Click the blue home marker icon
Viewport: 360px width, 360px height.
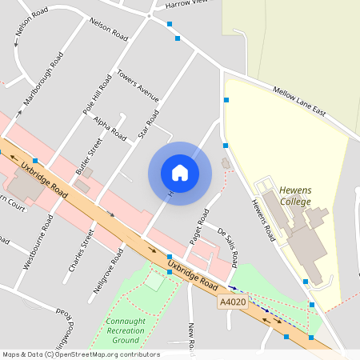click(x=180, y=173)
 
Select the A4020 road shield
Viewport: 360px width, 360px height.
click(x=231, y=301)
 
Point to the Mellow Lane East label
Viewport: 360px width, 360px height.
click(x=300, y=102)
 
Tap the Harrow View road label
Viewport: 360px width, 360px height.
click(x=185, y=5)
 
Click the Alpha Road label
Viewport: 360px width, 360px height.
click(x=110, y=128)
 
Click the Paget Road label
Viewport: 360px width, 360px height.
click(x=198, y=227)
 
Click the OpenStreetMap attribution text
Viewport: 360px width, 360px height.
click(x=80, y=354)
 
